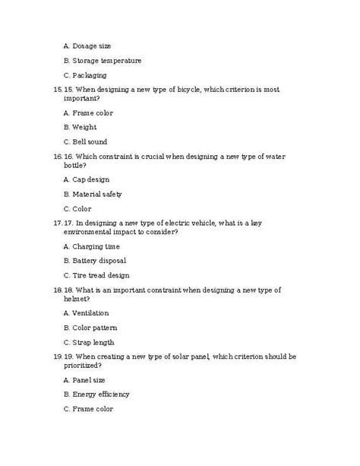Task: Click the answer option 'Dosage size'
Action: tap(92, 46)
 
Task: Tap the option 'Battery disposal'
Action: tap(99, 260)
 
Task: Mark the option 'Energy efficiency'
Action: tap(101, 394)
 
